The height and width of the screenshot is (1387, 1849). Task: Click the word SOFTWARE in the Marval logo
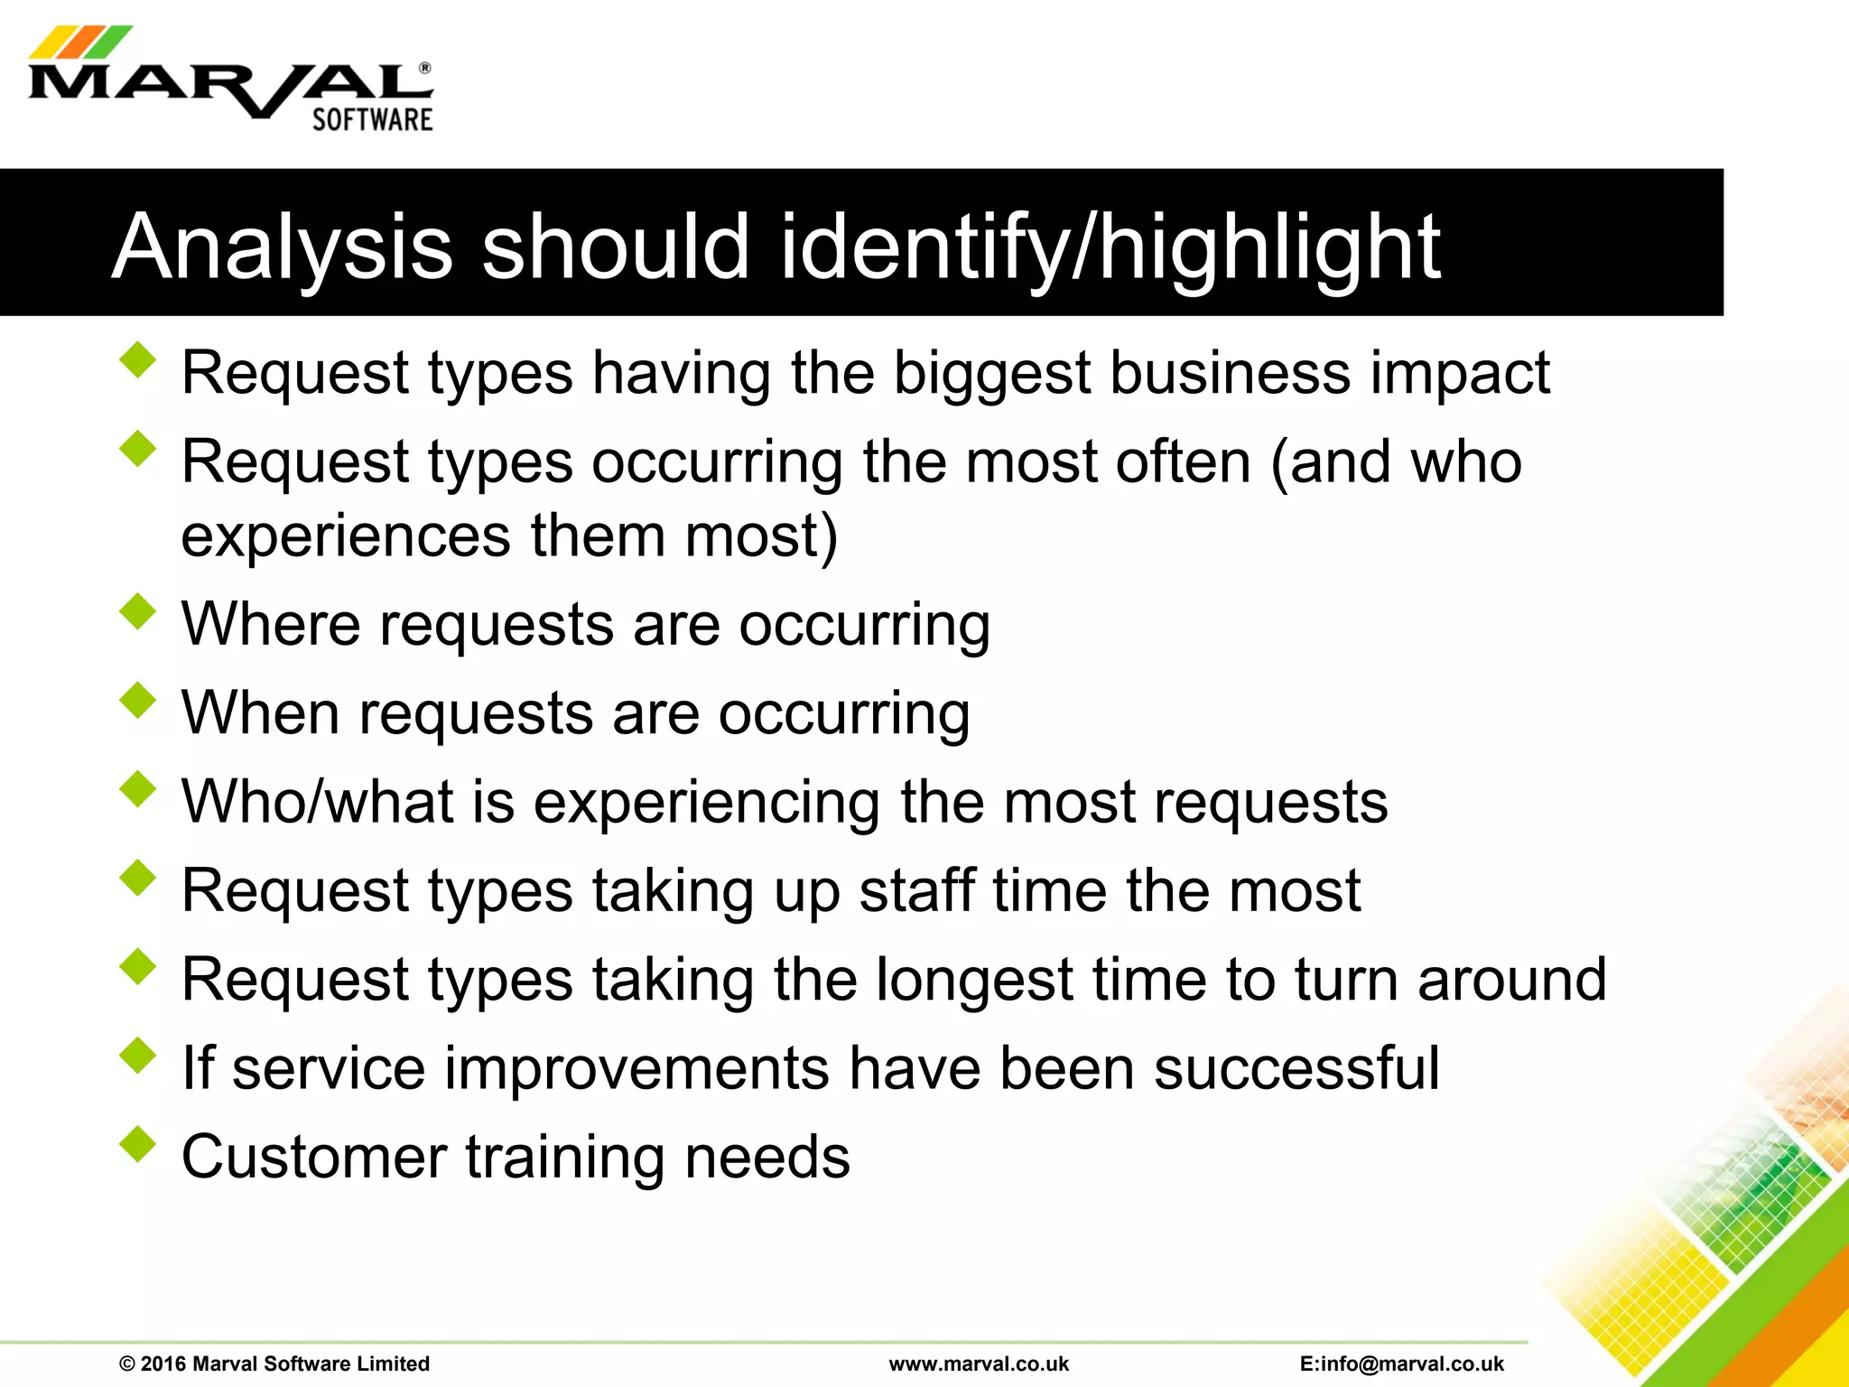(x=372, y=120)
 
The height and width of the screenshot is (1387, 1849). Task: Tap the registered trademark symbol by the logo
(x=425, y=69)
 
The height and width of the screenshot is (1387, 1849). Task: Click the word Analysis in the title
(x=282, y=247)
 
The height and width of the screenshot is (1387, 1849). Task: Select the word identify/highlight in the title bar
(x=1110, y=247)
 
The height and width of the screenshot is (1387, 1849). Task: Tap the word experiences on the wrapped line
(x=346, y=535)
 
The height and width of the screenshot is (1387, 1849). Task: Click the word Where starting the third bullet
(x=271, y=623)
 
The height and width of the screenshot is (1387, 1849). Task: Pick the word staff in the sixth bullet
(x=916, y=890)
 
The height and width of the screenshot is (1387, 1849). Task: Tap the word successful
(x=1296, y=1068)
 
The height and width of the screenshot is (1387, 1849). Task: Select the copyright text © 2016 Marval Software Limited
(x=274, y=1364)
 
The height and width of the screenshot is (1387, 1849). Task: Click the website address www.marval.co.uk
(x=979, y=1364)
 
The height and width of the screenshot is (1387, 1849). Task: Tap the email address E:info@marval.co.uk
(x=1402, y=1364)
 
